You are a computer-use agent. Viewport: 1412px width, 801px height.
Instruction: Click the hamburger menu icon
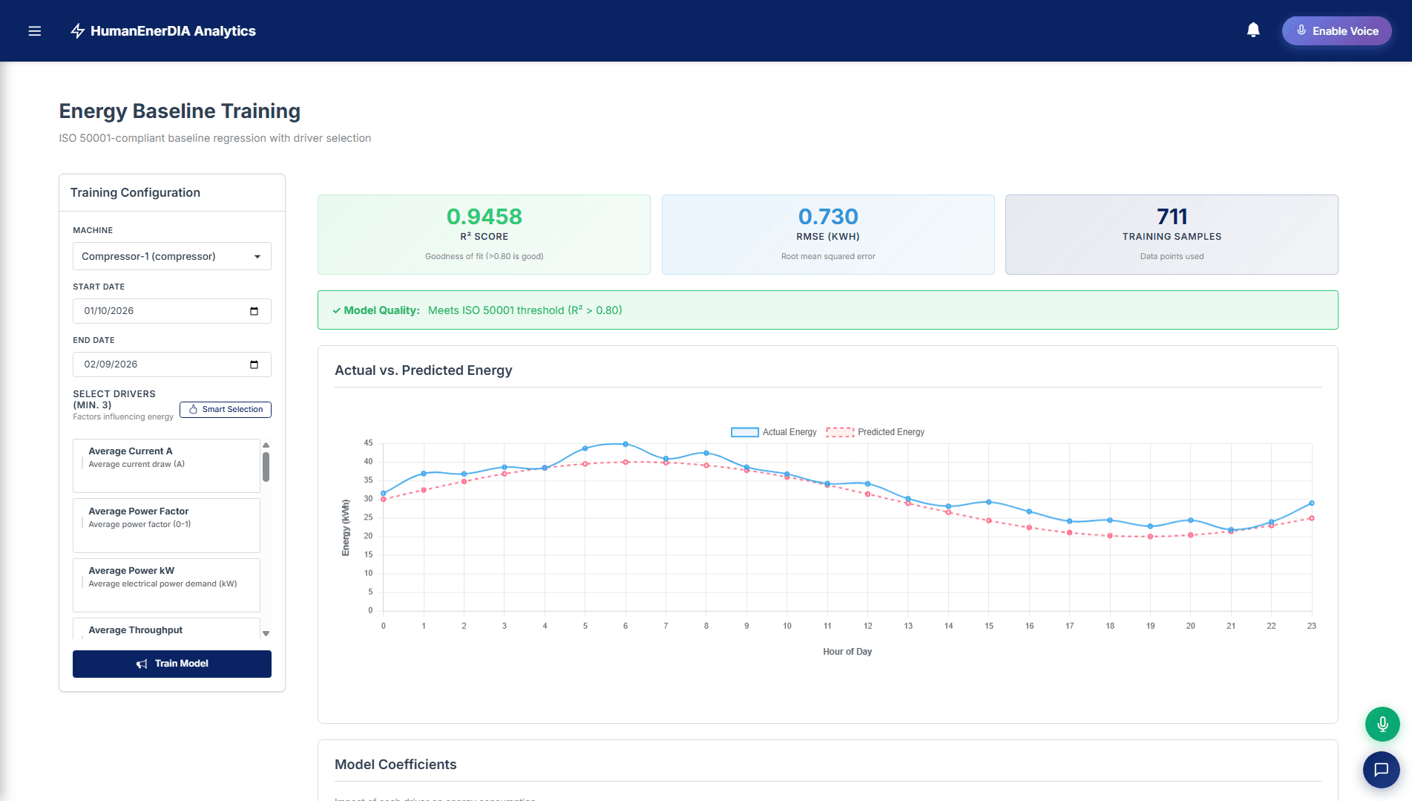34,31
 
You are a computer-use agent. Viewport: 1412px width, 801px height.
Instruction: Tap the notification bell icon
1253,30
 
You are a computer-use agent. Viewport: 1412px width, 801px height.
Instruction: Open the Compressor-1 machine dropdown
172,256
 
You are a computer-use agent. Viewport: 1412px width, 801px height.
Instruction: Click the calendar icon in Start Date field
254,311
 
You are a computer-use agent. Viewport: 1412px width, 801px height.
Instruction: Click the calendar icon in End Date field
254,364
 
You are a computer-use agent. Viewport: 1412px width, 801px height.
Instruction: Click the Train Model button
172,664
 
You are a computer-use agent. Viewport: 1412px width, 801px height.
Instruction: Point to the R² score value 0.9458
484,217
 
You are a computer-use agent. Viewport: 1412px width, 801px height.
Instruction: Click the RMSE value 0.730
828,217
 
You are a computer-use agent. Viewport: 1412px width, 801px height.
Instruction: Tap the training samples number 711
1172,217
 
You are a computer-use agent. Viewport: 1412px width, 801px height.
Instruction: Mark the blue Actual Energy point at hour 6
625,444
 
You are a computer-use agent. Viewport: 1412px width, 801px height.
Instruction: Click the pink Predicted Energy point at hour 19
1150,536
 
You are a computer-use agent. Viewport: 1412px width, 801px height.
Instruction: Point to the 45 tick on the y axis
368,443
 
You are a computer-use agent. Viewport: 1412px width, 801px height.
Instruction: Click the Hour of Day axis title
847,652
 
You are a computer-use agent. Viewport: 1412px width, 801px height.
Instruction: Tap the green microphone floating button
1382,724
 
